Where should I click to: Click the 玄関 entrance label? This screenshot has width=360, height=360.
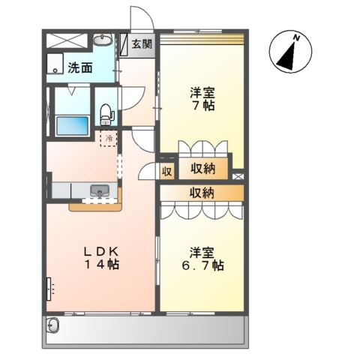pos(142,43)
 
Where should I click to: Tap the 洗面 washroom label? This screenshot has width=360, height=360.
pos(80,67)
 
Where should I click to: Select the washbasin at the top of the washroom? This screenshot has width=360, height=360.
pos(103,40)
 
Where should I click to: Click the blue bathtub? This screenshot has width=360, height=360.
pos(70,124)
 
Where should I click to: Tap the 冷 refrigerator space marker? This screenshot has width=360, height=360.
pos(108,138)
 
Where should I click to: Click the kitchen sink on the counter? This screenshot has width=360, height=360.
pos(100,192)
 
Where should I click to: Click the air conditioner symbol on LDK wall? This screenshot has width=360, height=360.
pos(49,288)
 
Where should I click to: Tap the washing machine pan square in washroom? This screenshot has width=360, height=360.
pos(56,64)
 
